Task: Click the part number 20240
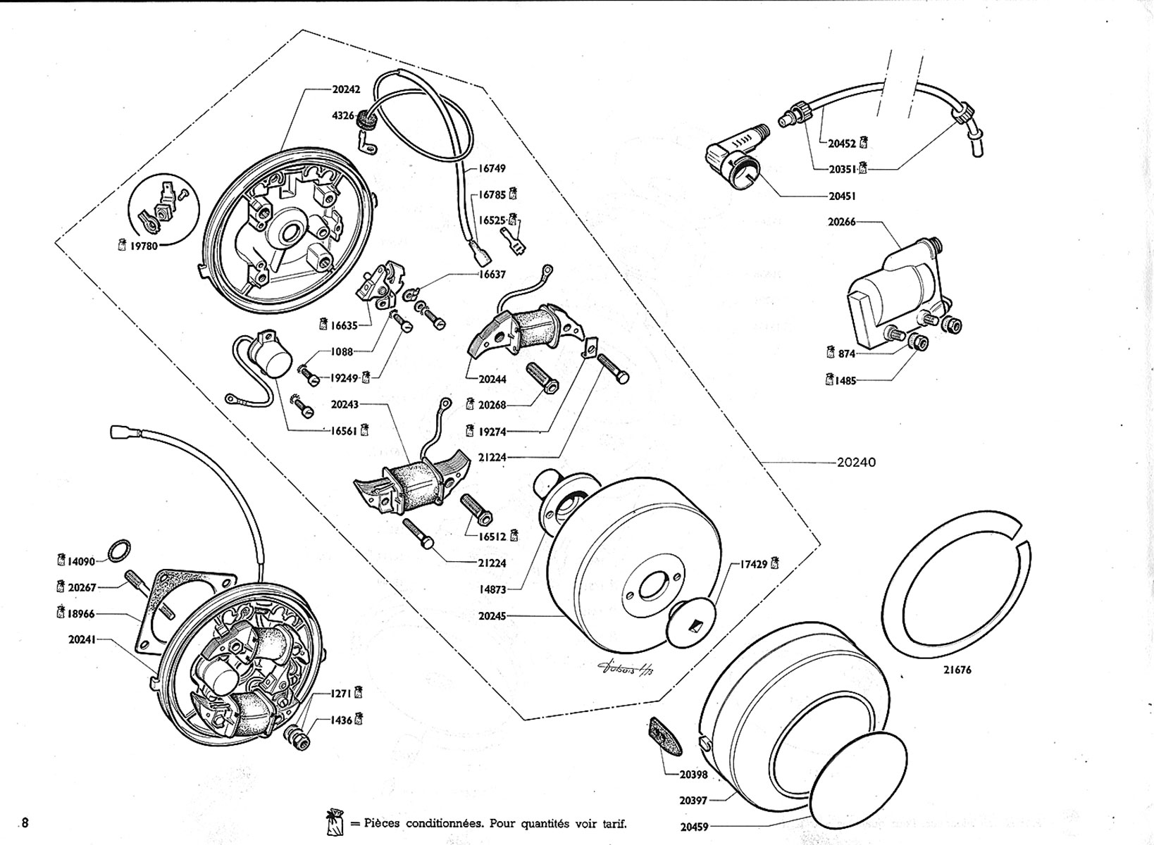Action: point(856,463)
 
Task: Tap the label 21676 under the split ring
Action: point(957,670)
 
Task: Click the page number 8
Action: point(26,822)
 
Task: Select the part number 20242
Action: point(346,89)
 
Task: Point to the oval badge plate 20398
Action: point(661,736)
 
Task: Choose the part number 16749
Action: point(492,168)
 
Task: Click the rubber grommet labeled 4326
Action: point(365,121)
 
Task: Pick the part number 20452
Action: point(842,143)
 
